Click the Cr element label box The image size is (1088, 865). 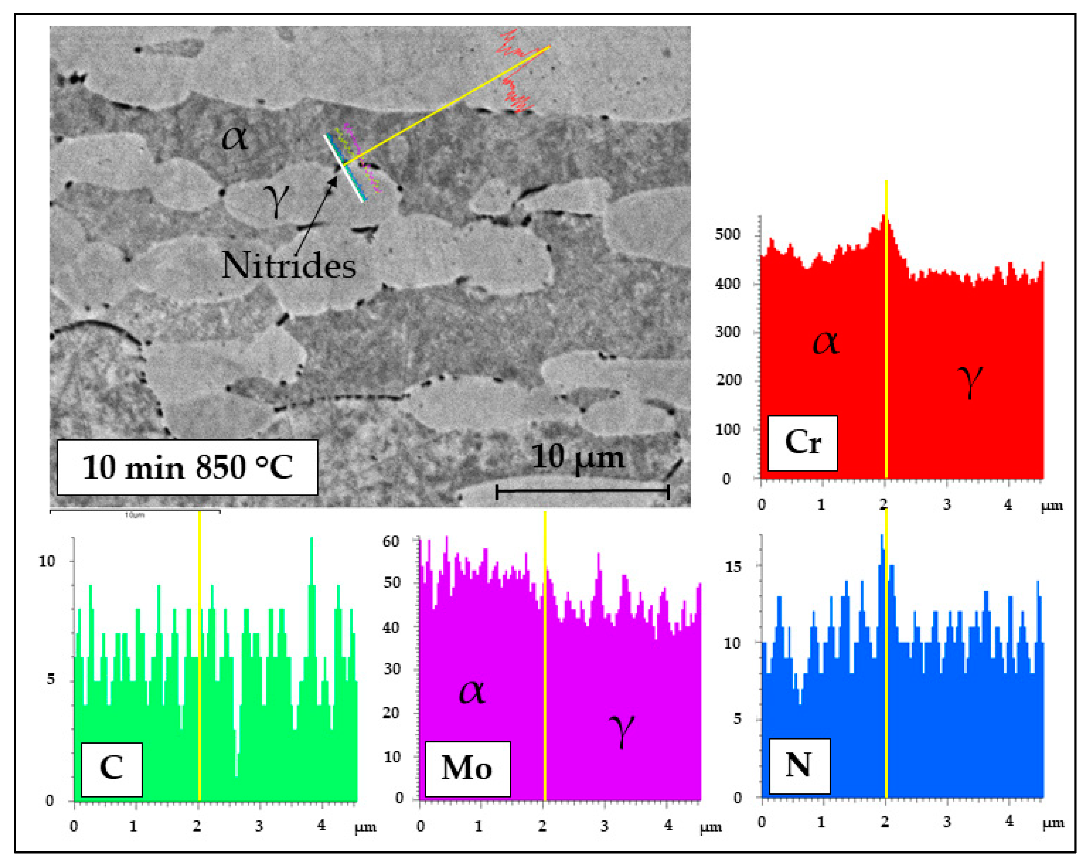tap(803, 443)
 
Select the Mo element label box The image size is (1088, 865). tap(467, 769)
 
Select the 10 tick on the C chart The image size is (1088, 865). tap(47, 561)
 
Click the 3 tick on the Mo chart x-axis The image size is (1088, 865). tap(604, 826)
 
